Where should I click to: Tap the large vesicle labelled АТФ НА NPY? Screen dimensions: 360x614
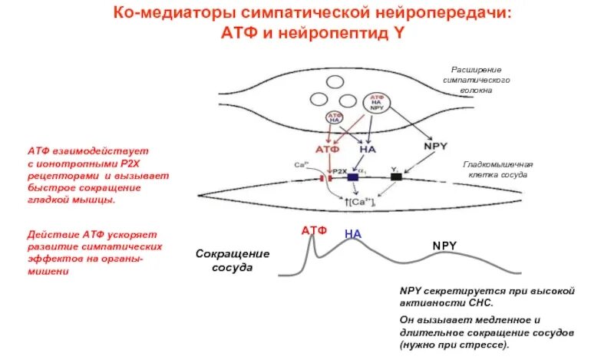[x=377, y=103]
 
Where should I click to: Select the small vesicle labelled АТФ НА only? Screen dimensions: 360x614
[x=335, y=117]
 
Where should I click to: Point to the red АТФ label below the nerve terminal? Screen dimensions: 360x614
[x=327, y=149]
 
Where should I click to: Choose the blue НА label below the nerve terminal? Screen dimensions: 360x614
[x=369, y=149]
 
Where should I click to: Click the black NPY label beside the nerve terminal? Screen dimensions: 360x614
[x=437, y=146]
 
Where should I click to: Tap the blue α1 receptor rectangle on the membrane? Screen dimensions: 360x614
[x=353, y=177]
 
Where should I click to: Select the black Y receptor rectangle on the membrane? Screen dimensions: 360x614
[x=395, y=177]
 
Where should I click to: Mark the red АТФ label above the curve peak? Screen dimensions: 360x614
[x=314, y=230]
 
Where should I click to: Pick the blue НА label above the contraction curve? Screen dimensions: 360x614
[x=352, y=233]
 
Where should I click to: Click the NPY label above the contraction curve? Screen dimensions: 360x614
[x=444, y=246]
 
